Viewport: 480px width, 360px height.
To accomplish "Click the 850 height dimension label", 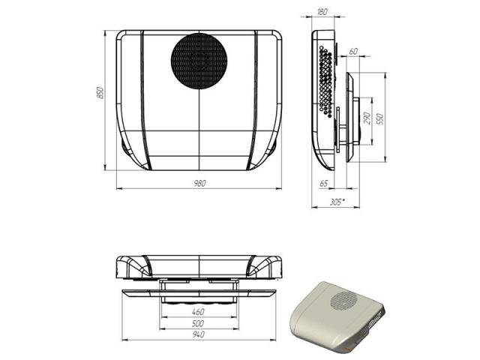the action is pyautogui.click(x=100, y=93).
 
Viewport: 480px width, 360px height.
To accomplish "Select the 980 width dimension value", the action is pyautogui.click(x=199, y=183).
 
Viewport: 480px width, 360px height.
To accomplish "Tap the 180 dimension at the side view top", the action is pyautogui.click(x=322, y=12).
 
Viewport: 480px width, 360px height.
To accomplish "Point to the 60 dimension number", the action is pyautogui.click(x=353, y=52).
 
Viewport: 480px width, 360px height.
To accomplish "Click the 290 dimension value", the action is pyautogui.click(x=367, y=118).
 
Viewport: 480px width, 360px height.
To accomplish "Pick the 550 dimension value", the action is pyautogui.click(x=380, y=118).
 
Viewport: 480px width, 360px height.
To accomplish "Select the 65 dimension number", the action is pyautogui.click(x=323, y=183).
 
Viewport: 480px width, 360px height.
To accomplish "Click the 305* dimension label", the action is pyautogui.click(x=337, y=202).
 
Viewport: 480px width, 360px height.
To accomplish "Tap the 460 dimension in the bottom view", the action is pyautogui.click(x=198, y=312).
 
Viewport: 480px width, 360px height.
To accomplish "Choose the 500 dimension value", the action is pyautogui.click(x=198, y=323).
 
